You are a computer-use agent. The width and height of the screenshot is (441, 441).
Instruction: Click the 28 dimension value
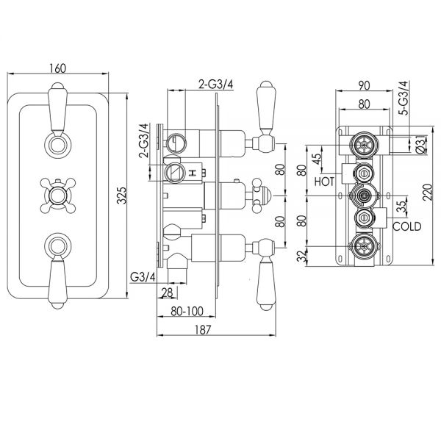(x=166, y=293)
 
